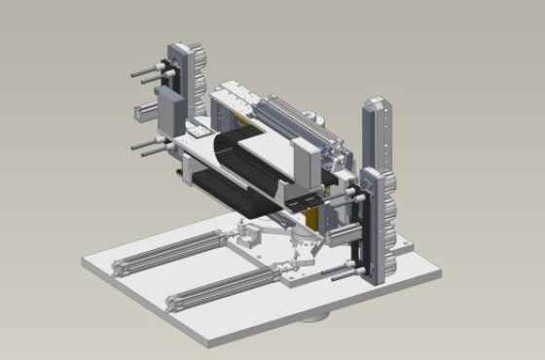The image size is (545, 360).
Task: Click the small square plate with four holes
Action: coord(198,127)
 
